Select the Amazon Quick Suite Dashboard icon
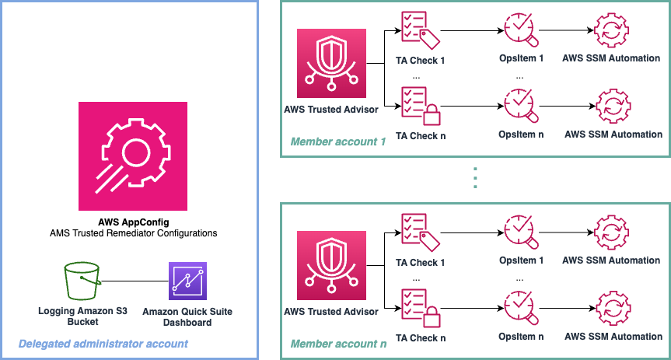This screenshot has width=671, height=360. click(187, 281)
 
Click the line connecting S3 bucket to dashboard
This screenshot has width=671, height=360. click(134, 281)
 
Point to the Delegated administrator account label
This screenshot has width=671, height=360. click(103, 343)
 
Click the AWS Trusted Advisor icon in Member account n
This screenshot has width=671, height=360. click(331, 267)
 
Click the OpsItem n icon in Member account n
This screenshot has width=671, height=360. click(519, 306)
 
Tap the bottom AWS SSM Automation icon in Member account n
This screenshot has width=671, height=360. click(611, 306)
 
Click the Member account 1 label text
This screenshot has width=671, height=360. click(338, 142)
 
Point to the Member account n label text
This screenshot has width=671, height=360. click(338, 343)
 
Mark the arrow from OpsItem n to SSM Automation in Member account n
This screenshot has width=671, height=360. click(564, 306)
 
